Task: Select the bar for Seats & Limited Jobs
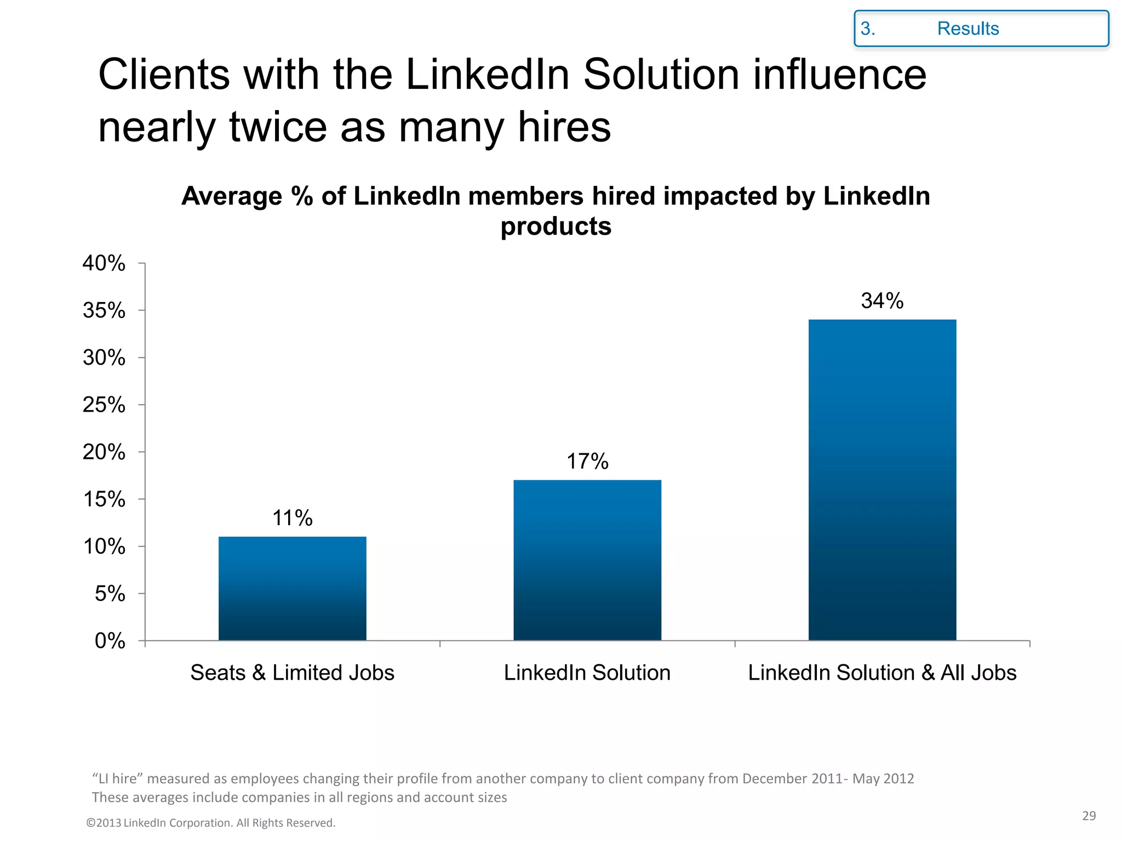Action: pos(292,588)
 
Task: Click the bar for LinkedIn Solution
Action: pos(587,560)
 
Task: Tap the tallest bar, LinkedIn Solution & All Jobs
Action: pos(882,480)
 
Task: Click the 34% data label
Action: pos(882,300)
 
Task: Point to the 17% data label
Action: pos(587,462)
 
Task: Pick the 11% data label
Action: pos(292,518)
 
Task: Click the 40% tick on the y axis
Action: pos(104,263)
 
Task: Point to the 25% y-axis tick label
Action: pos(104,405)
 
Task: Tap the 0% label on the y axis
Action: pos(110,641)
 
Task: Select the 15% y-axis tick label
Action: pos(104,499)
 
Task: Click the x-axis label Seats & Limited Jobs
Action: pos(292,673)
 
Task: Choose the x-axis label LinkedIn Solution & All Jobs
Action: pos(882,673)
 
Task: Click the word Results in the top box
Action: pos(968,29)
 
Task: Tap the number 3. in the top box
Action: pos(867,29)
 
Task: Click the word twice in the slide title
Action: pos(278,127)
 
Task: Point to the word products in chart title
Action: pos(556,226)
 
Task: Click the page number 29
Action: pos(1089,816)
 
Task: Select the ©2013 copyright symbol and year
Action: pos(104,823)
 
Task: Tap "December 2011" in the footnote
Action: pos(792,778)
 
